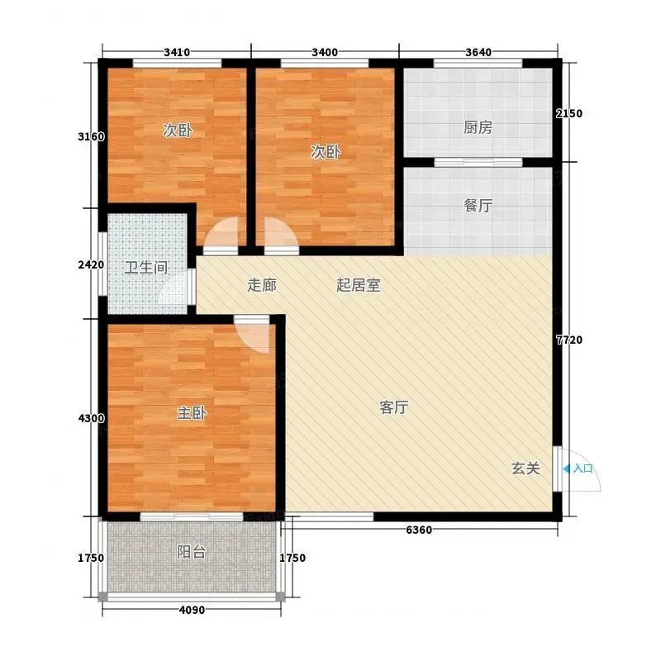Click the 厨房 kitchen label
[478, 127]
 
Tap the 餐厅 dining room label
[478, 206]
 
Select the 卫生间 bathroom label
[146, 268]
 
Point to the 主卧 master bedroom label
[192, 413]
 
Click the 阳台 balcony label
[192, 552]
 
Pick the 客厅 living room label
[394, 407]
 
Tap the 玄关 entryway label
[525, 468]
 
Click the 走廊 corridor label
[262, 285]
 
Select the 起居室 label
[359, 285]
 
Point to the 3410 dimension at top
[177, 52]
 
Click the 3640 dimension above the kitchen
[478, 52]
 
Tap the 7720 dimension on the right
[569, 340]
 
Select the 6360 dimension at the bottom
[419, 530]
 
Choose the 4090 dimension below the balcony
[192, 610]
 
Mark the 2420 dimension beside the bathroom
[91, 264]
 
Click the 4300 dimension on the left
[91, 418]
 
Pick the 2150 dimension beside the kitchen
[569, 113]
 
